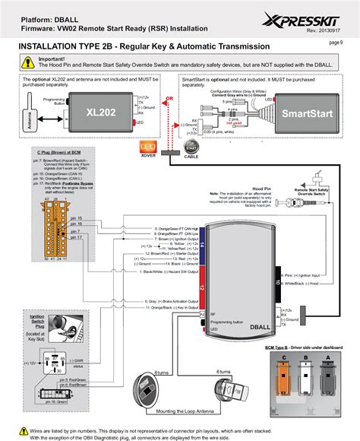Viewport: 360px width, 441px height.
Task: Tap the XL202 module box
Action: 101,112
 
